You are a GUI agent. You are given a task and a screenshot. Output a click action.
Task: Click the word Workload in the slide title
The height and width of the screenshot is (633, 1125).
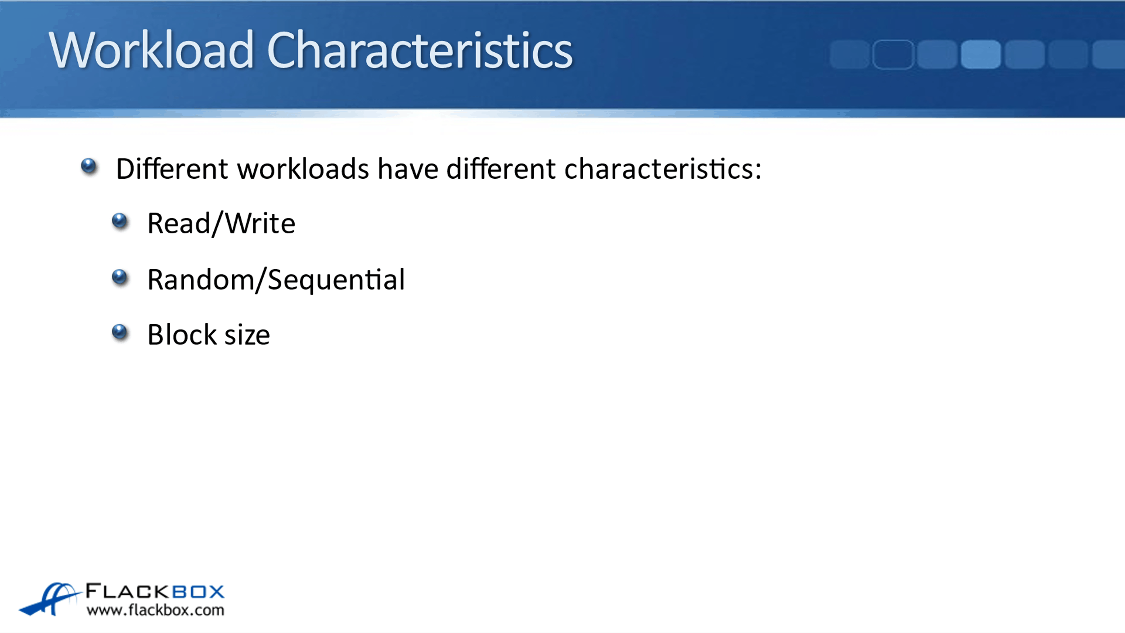(151, 50)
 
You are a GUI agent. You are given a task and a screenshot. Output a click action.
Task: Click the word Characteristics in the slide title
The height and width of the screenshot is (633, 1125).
(419, 50)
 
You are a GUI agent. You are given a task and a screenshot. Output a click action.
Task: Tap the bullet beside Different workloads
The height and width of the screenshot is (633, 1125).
(89, 166)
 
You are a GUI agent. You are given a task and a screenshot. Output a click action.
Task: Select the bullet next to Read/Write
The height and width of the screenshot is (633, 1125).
(120, 221)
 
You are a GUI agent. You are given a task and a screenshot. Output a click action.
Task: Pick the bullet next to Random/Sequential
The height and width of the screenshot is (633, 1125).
(120, 277)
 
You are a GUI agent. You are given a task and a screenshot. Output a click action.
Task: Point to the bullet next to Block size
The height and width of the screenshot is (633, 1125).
(120, 332)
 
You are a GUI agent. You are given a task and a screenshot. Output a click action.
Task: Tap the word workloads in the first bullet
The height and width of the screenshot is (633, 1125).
(303, 169)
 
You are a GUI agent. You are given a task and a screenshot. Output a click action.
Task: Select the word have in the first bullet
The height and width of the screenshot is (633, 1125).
(408, 169)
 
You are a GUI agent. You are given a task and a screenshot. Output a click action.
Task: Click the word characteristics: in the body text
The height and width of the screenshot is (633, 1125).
(663, 169)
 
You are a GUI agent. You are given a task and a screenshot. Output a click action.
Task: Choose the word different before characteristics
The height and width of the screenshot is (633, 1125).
(501, 169)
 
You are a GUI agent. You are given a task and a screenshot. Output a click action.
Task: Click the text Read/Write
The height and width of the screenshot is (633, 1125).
(221, 224)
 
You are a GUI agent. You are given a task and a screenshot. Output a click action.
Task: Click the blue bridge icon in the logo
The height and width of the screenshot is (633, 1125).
(49, 599)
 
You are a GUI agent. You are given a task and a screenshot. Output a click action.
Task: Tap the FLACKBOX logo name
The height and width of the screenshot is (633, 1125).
(155, 591)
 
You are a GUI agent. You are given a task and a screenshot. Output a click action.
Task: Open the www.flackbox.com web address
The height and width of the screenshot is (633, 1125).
(155, 610)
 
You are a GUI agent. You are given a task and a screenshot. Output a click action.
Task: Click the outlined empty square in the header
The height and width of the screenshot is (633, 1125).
(893, 54)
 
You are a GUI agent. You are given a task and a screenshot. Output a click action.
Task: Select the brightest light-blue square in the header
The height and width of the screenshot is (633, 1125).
(981, 54)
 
